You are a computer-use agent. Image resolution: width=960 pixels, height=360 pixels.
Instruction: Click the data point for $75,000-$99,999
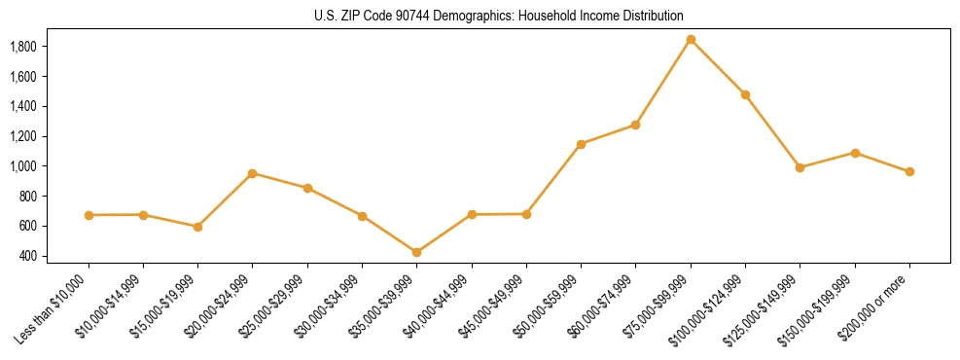pyautogui.click(x=691, y=40)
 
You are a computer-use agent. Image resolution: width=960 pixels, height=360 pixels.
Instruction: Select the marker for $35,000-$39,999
pyautogui.click(x=417, y=253)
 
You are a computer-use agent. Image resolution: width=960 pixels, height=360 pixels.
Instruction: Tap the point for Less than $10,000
pyautogui.click(x=89, y=215)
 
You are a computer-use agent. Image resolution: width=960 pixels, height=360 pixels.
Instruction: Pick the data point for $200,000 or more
pyautogui.click(x=909, y=172)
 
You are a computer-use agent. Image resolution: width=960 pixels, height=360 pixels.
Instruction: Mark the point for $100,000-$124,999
pyautogui.click(x=745, y=95)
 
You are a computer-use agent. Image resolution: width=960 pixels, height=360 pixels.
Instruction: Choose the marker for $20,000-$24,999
pyautogui.click(x=253, y=173)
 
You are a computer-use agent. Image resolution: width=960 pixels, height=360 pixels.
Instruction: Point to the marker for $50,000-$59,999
pyautogui.click(x=581, y=144)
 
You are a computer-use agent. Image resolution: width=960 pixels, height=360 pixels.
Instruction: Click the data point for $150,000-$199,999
pyautogui.click(x=855, y=153)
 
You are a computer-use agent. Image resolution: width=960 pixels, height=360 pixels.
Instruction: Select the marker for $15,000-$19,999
pyautogui.click(x=198, y=227)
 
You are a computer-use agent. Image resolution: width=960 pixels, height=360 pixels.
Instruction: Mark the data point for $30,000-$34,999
pyautogui.click(x=362, y=216)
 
